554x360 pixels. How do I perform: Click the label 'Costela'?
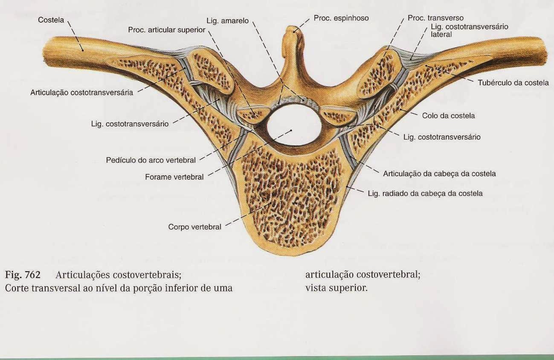[x=50, y=20]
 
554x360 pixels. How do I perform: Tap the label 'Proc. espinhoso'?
[x=341, y=18]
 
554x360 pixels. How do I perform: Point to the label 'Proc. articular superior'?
[x=167, y=30]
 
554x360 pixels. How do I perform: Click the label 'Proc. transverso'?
[x=435, y=18]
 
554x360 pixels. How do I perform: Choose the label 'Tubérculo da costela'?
[x=513, y=83]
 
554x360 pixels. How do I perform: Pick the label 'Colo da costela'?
[x=448, y=116]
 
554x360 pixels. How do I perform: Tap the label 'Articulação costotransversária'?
[x=81, y=92]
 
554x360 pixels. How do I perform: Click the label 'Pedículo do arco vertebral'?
[x=151, y=160]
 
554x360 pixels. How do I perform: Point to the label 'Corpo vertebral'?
[x=194, y=227]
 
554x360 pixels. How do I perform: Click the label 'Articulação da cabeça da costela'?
[x=439, y=174]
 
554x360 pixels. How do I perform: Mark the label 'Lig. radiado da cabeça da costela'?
[x=425, y=193]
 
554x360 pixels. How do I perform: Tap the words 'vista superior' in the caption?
[x=336, y=287]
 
